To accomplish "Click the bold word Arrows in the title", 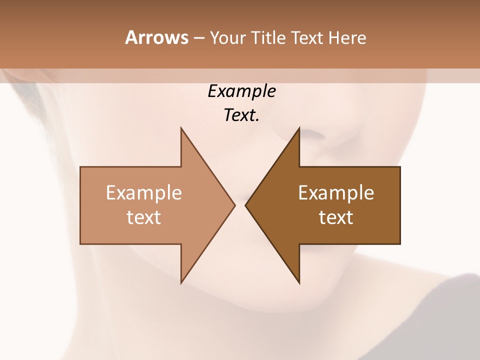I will [x=156, y=37].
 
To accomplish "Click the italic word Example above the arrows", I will [x=241, y=91].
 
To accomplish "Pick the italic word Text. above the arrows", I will [x=241, y=115].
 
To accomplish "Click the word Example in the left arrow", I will [x=143, y=192].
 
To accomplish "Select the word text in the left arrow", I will [x=143, y=217].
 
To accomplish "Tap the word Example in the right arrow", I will [x=336, y=192].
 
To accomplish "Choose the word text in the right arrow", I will [x=336, y=217].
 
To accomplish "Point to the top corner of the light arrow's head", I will [x=181, y=128].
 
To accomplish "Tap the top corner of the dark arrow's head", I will [x=299, y=128].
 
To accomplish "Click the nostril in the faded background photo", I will [x=312, y=133].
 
